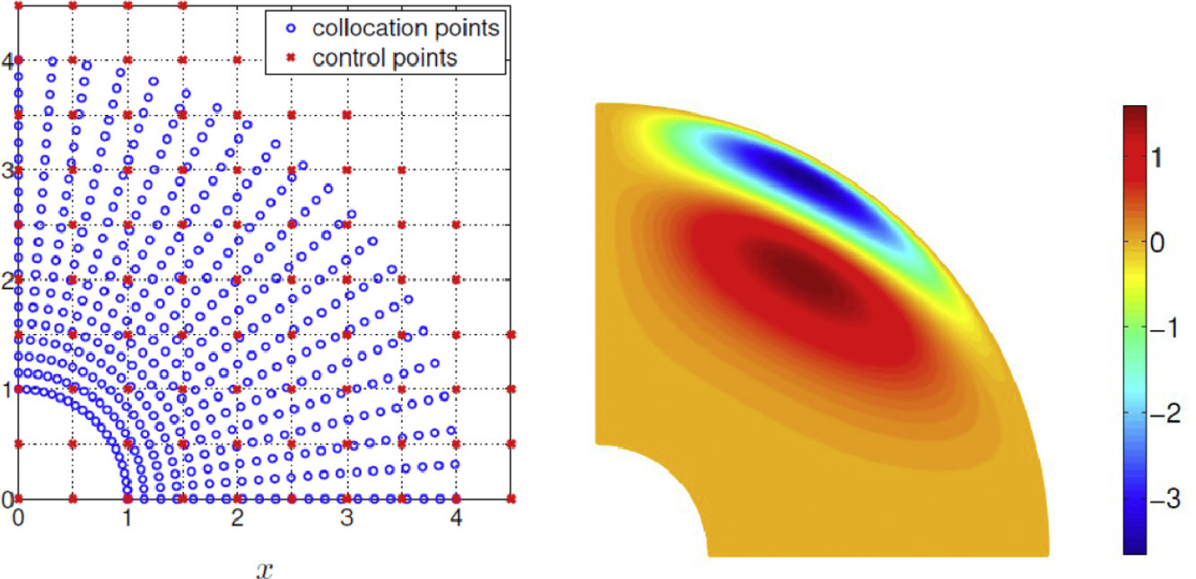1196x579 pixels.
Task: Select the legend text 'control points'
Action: click(x=386, y=58)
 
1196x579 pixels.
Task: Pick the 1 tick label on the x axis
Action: click(x=127, y=518)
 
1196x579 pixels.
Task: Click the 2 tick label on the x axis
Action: click(x=238, y=518)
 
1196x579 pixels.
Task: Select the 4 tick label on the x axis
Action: click(x=457, y=518)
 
